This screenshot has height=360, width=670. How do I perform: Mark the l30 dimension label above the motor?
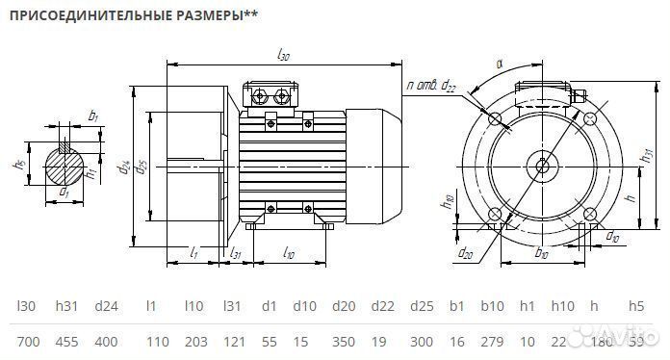(x=283, y=57)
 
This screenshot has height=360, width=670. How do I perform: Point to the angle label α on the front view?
(x=499, y=64)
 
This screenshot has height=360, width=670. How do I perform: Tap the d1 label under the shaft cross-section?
(x=64, y=193)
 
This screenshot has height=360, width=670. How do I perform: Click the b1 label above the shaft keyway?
(x=92, y=116)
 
